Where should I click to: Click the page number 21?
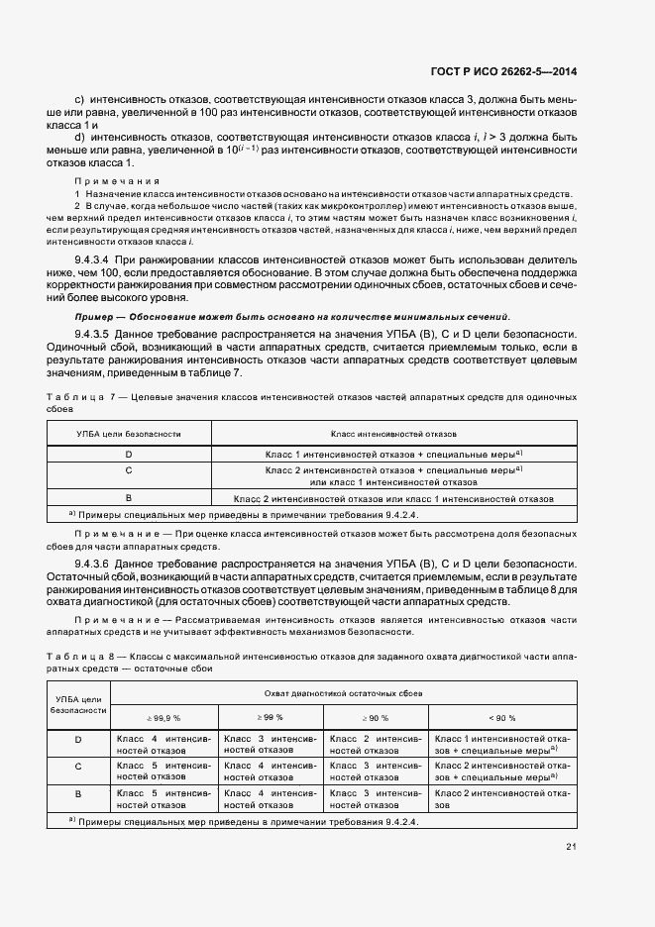(572, 846)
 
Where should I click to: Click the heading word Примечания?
(118, 181)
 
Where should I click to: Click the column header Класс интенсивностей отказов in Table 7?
(393, 434)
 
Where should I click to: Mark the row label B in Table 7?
(128, 497)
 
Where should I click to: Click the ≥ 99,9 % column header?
(164, 717)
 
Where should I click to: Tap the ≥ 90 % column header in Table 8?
(378, 717)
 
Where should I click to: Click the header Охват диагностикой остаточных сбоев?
(343, 694)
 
